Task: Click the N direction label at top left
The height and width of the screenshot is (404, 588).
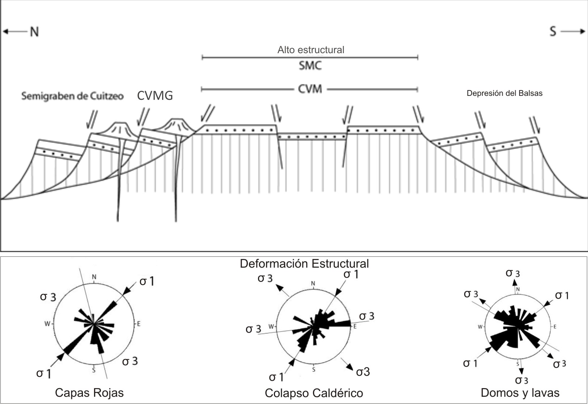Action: pos(34,32)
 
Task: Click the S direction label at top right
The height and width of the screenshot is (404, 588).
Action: pos(553,31)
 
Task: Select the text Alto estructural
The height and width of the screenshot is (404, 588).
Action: pos(310,50)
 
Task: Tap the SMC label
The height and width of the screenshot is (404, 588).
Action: pos(310,66)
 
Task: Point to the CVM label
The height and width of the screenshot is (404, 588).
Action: pos(310,89)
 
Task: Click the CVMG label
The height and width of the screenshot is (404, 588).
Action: pos(155,95)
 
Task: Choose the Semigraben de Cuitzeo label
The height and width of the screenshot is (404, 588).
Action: pos(72,97)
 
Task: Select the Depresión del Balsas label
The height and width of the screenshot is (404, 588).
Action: pos(504,93)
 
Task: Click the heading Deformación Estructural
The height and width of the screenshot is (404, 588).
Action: pos(304,264)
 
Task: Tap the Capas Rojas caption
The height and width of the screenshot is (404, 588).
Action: pos(89,393)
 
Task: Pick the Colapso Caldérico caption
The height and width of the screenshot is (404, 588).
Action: pos(314,393)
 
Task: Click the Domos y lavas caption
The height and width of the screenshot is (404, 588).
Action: pos(520,393)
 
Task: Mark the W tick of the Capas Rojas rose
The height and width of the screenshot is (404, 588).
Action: pos(47,324)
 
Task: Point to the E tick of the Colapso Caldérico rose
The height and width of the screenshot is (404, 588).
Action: pos(355,327)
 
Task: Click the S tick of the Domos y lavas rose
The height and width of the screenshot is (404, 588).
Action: pos(518,363)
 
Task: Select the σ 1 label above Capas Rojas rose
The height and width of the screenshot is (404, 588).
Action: pos(147,281)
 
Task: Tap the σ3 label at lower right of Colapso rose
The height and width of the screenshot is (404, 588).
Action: pos(363,372)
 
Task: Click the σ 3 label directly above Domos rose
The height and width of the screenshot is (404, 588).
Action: pos(513,273)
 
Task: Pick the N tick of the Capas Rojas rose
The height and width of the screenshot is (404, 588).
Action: pos(94,277)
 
